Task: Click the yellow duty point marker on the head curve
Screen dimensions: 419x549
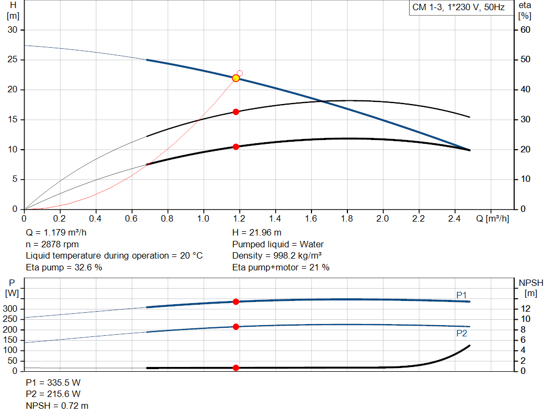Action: (236, 78)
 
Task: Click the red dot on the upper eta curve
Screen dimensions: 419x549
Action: (236, 112)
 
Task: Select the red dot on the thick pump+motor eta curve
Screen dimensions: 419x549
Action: (236, 146)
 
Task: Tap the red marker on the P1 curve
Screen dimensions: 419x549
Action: (236, 302)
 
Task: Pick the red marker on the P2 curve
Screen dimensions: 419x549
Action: (236, 327)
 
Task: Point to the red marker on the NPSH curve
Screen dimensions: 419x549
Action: (236, 367)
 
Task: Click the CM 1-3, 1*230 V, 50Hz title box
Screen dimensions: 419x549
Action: (458, 8)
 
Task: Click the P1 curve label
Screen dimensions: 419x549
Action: (462, 295)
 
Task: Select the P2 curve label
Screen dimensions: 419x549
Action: (462, 333)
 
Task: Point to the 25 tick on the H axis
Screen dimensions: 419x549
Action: (12, 60)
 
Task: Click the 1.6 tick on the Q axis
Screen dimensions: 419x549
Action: (311, 219)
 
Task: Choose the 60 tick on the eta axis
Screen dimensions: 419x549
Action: (525, 30)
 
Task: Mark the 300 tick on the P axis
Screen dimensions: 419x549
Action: (11, 308)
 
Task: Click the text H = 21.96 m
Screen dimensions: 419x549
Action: (257, 232)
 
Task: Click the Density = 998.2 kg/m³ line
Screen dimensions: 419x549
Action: (277, 256)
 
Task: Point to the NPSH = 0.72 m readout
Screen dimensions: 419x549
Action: (57, 406)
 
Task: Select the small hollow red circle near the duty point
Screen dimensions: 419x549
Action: (240, 73)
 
